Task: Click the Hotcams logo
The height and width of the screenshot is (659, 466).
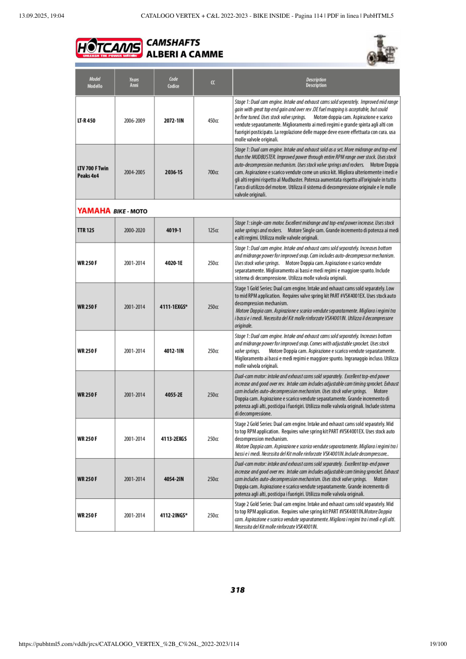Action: pyautogui.click(x=109, y=48)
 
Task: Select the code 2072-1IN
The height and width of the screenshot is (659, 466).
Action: pyautogui.click(x=174, y=121)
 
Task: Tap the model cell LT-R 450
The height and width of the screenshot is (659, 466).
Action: pyautogui.click(x=86, y=121)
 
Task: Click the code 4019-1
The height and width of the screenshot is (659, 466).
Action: pyautogui.click(x=174, y=230)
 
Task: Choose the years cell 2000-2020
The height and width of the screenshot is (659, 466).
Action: pyautogui.click(x=135, y=230)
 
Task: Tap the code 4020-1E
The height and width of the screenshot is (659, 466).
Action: pyautogui.click(x=174, y=263)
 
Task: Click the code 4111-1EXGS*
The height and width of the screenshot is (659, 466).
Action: pyautogui.click(x=174, y=307)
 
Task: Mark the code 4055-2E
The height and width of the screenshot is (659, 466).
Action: pyautogui.click(x=174, y=394)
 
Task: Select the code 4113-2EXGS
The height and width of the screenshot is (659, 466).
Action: pyautogui.click(x=174, y=439)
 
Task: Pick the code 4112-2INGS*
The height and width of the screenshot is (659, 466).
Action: pyautogui.click(x=174, y=515)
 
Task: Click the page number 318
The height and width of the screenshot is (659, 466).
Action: pyautogui.click(x=237, y=590)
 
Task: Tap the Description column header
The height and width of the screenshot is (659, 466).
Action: pyautogui.click(x=316, y=82)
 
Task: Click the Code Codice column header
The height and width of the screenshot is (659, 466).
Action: pyautogui.click(x=174, y=82)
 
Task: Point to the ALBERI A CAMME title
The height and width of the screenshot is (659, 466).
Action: pyautogui.click(x=185, y=54)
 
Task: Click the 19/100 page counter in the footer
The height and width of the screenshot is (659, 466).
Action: pyautogui.click(x=438, y=644)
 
